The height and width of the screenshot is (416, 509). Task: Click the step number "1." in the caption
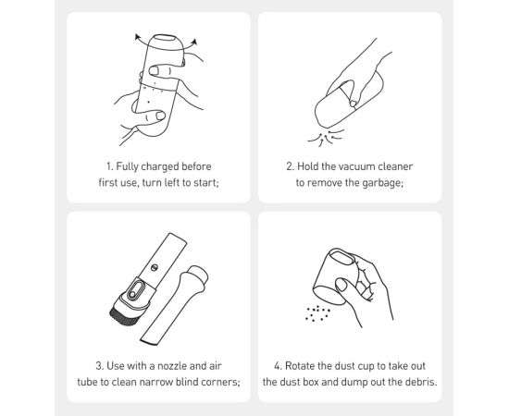(x=110, y=166)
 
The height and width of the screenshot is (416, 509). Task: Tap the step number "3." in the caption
(x=100, y=366)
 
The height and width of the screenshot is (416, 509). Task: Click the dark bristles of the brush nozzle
(x=122, y=315)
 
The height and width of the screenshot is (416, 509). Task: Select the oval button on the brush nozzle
(x=134, y=290)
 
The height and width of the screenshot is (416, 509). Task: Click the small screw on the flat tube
(x=155, y=268)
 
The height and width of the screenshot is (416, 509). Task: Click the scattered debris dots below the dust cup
(x=317, y=313)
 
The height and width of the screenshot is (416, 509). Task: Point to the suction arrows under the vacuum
(x=326, y=138)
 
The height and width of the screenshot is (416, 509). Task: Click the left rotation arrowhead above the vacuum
(x=138, y=37)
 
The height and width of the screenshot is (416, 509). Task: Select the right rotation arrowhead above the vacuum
(x=194, y=42)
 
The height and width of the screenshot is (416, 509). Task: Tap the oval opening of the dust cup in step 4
(x=342, y=257)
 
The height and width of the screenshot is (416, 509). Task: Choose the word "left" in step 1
(x=173, y=183)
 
